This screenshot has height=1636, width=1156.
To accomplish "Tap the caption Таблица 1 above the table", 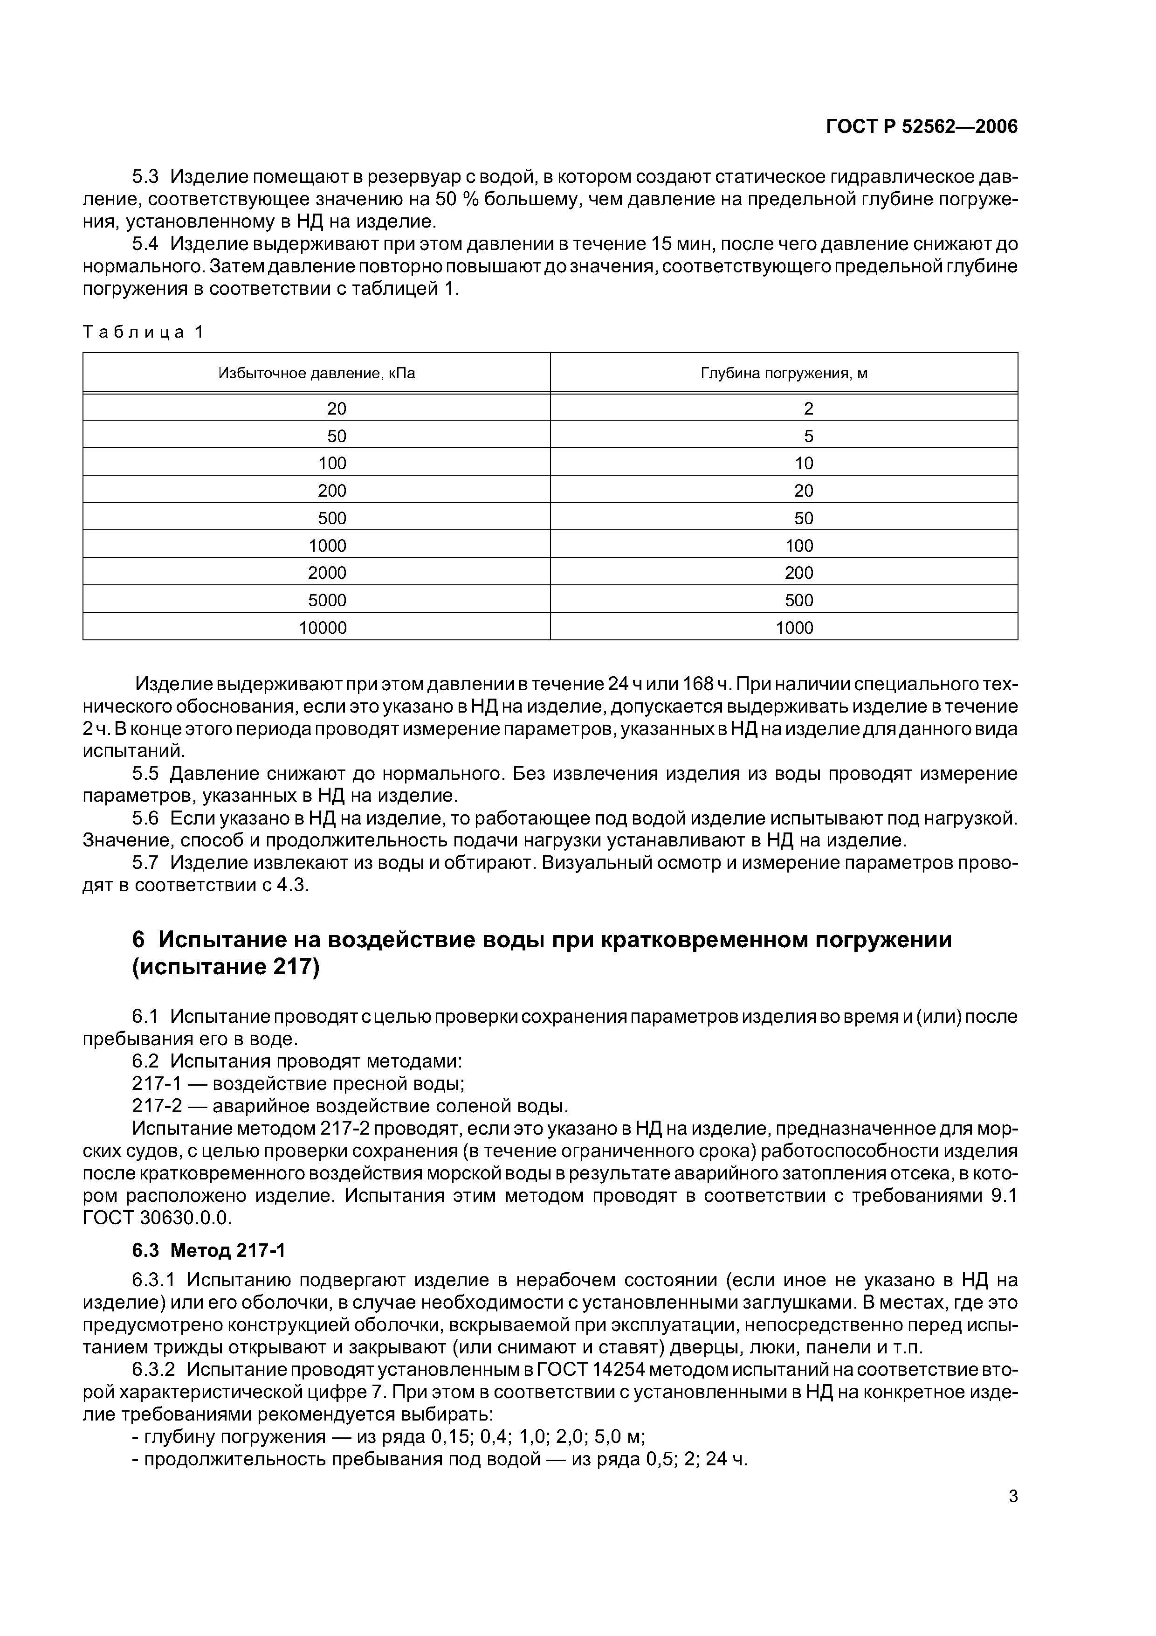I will coord(143,332).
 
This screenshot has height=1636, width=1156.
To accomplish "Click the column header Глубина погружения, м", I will coord(784,374).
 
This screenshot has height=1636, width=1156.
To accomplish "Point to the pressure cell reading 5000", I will coord(327,601).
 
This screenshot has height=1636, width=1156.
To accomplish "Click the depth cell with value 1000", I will coord(794,628).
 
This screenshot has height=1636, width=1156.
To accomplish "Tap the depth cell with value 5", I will coord(808,436).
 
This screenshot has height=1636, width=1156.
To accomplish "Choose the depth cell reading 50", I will coord(804,518).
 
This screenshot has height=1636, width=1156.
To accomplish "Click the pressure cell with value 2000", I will coord(327,573).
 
